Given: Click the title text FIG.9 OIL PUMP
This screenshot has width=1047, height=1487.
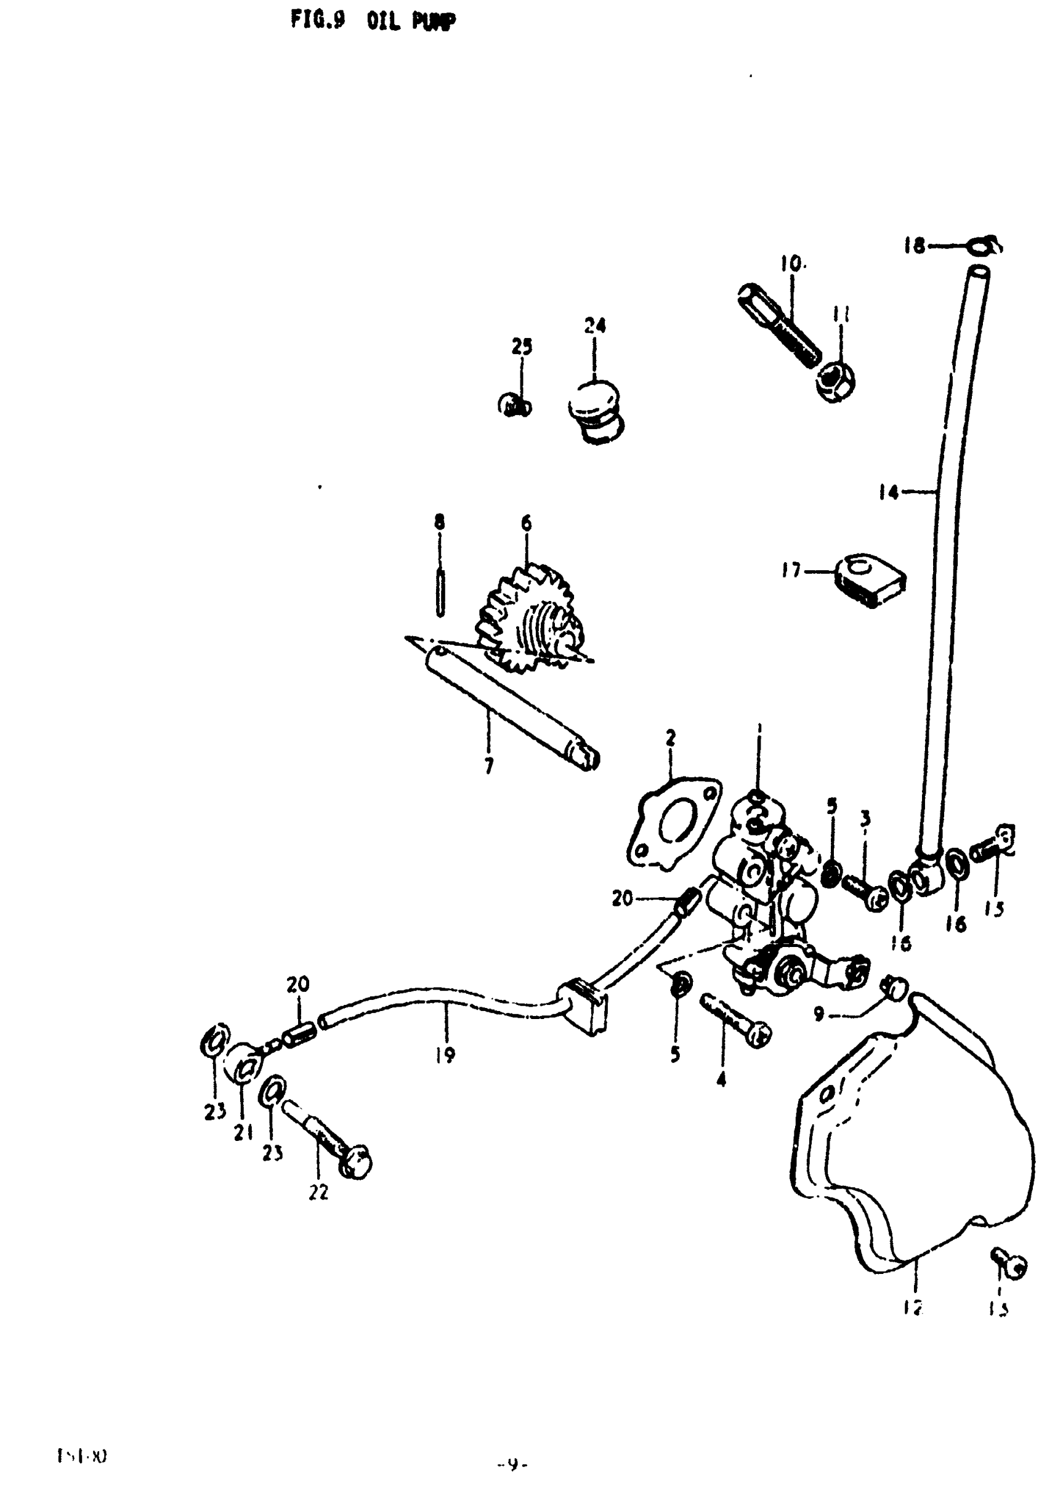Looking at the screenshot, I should [x=373, y=22].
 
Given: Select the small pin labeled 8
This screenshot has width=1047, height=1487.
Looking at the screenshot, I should [x=440, y=592].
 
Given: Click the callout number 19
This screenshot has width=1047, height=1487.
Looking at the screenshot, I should [x=446, y=1055].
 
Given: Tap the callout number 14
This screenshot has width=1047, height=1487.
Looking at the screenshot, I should [x=888, y=493].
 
